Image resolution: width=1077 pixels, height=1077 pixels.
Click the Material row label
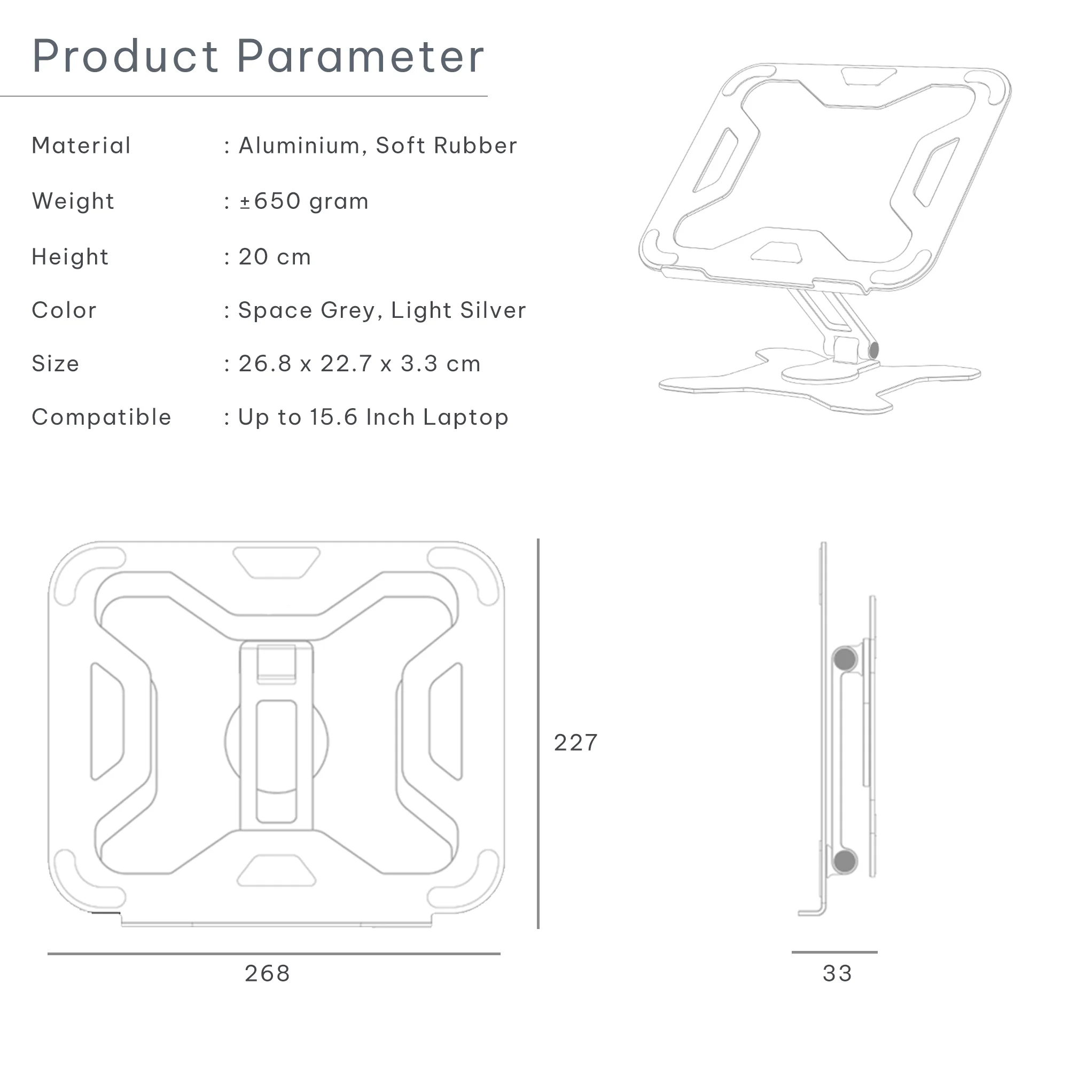(x=81, y=145)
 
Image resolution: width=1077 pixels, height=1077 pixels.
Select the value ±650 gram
(x=304, y=201)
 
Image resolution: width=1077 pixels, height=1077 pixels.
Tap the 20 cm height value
(x=274, y=257)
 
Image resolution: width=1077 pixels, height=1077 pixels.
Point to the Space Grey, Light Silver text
(x=382, y=310)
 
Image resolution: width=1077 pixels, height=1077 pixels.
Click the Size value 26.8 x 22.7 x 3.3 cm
(x=360, y=364)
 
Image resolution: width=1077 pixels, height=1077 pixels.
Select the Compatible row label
(x=102, y=418)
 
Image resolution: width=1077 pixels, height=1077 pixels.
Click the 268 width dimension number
(x=268, y=974)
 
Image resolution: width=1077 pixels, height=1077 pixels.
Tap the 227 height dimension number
(x=576, y=743)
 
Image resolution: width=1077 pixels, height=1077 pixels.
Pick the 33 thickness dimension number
(x=837, y=974)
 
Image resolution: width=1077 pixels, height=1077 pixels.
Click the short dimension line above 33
(x=834, y=952)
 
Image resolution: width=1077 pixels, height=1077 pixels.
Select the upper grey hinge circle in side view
(x=845, y=659)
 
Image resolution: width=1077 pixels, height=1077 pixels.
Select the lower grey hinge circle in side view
(x=845, y=861)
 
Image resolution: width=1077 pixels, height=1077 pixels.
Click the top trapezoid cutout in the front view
(x=277, y=561)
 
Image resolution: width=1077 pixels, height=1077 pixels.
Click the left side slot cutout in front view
(x=107, y=721)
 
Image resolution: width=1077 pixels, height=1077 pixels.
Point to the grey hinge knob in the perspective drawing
(x=873, y=350)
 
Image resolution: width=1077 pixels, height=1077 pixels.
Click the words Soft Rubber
(x=447, y=145)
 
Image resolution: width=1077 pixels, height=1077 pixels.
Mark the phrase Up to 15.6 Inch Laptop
(x=373, y=418)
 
